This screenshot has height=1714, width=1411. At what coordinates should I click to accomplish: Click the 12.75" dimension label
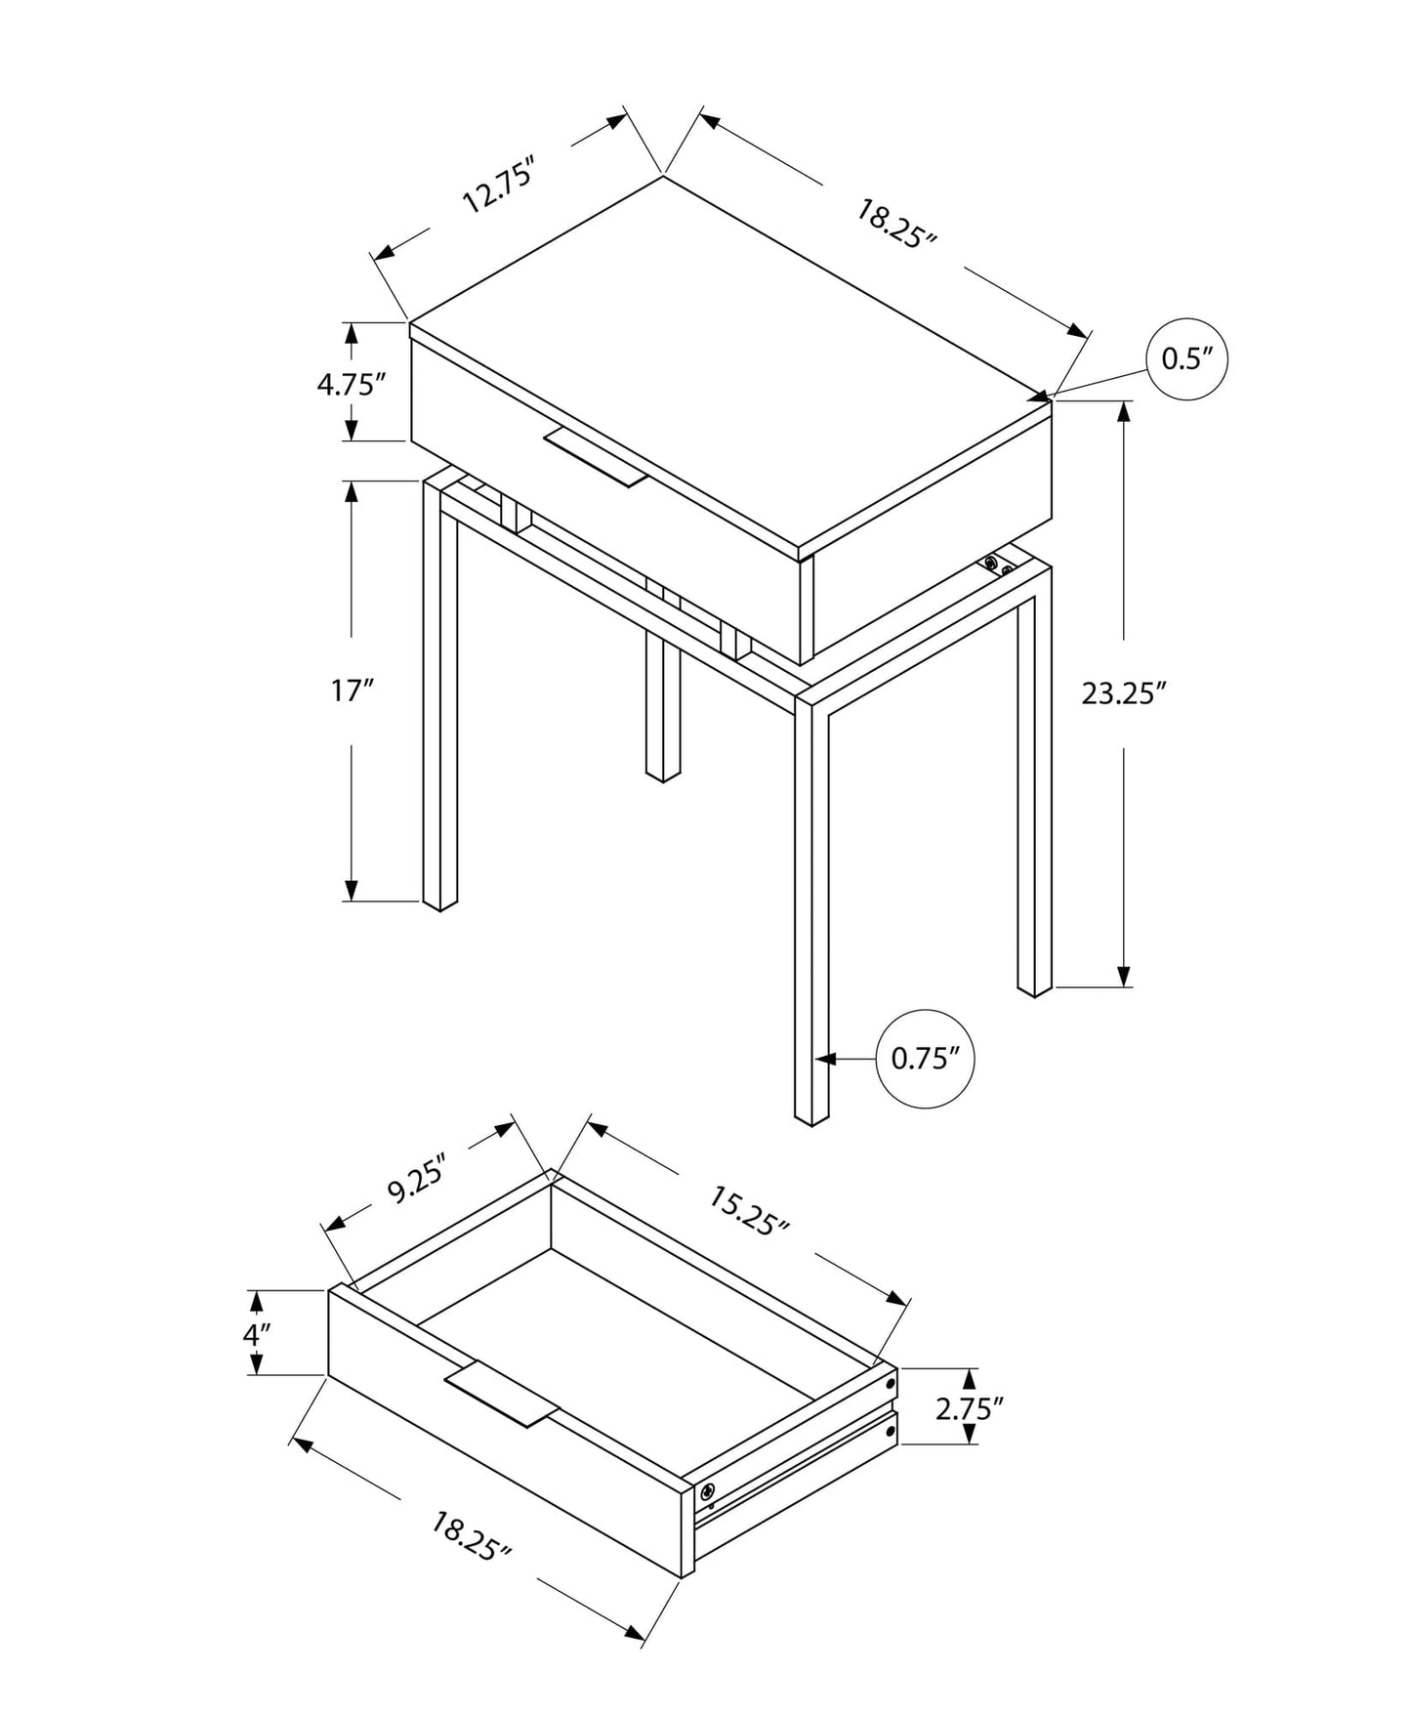501,188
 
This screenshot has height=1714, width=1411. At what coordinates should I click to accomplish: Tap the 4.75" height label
346,384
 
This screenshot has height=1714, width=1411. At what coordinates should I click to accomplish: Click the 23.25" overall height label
1124,693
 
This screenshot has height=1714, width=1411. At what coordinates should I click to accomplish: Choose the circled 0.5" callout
1185,359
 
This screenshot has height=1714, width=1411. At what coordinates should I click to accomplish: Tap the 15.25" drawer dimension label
748,1211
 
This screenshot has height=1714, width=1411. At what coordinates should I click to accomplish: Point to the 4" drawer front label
256,1333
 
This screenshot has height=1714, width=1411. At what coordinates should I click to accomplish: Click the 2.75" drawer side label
969,1407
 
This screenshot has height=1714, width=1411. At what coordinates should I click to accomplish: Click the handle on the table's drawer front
597,456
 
